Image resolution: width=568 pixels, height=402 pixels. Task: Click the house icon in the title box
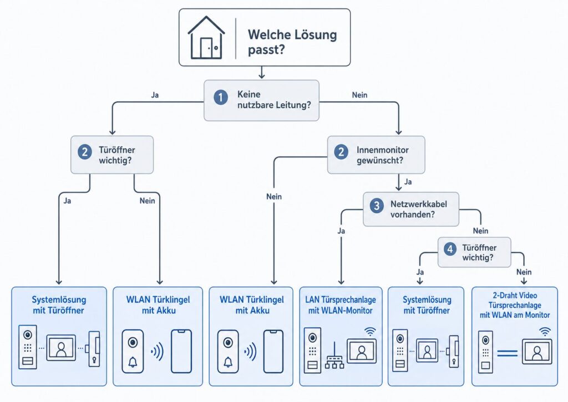tap(206, 38)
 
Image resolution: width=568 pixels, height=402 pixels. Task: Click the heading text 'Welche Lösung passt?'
tap(292, 42)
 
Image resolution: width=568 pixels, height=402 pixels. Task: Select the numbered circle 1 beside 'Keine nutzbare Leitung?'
tap(221, 98)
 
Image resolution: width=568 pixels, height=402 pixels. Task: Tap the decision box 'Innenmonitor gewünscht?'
tap(376, 155)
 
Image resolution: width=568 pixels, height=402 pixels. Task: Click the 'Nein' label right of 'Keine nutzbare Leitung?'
tap(360, 95)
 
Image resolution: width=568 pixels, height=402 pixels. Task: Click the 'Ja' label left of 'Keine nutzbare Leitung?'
tap(155, 95)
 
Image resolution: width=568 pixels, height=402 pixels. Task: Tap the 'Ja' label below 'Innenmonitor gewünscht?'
tap(408, 181)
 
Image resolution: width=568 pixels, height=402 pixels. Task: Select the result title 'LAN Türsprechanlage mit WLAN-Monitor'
tap(340, 305)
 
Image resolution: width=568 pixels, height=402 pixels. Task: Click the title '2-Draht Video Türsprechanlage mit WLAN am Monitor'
tap(515, 305)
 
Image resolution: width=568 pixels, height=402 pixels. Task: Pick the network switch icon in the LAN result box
tap(334, 361)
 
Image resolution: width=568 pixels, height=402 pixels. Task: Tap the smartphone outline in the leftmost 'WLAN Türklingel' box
tap(181, 351)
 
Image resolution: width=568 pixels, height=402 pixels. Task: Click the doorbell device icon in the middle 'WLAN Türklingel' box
tap(227, 351)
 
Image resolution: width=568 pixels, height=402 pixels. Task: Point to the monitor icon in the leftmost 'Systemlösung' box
tap(60, 348)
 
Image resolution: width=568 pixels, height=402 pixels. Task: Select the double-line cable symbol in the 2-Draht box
tap(508, 352)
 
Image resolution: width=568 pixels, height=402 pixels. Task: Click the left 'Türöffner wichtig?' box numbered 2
tap(112, 155)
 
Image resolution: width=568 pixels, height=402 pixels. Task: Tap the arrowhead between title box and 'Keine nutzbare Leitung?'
tap(262, 75)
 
